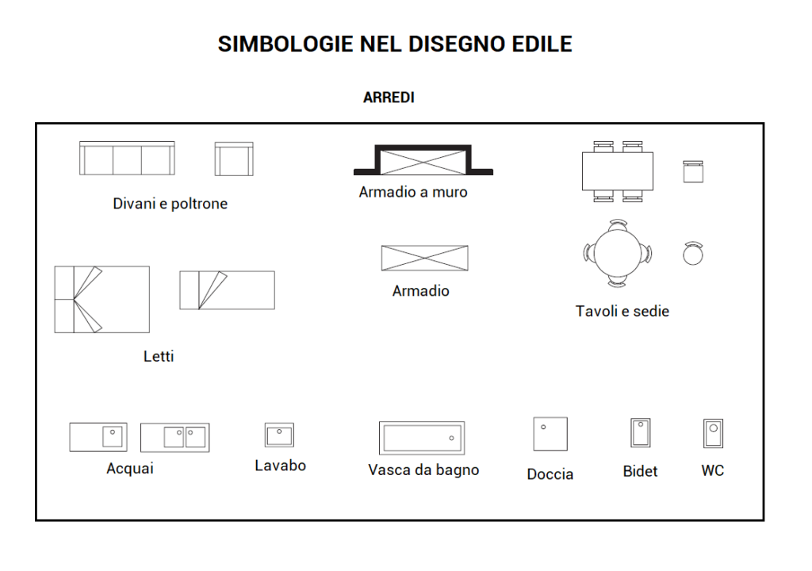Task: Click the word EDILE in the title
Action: (x=542, y=44)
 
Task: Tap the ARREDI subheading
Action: (x=389, y=98)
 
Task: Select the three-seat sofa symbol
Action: (x=127, y=158)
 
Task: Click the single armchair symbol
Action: (x=234, y=159)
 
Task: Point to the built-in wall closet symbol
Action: (x=423, y=160)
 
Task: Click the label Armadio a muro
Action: (x=413, y=192)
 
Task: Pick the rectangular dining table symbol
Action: (x=617, y=171)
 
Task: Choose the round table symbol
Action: (x=618, y=253)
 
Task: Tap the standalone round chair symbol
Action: (x=693, y=253)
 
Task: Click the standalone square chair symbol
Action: (x=693, y=171)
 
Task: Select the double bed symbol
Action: (x=102, y=300)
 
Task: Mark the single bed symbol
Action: (x=228, y=290)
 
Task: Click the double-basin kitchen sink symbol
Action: (x=175, y=438)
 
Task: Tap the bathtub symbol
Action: (x=422, y=438)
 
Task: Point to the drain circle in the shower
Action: (x=543, y=427)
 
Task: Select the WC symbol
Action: (x=713, y=433)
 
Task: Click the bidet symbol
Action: (x=641, y=433)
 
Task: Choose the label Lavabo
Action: (x=280, y=466)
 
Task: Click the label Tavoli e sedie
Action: (x=622, y=312)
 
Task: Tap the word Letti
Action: (x=159, y=357)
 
